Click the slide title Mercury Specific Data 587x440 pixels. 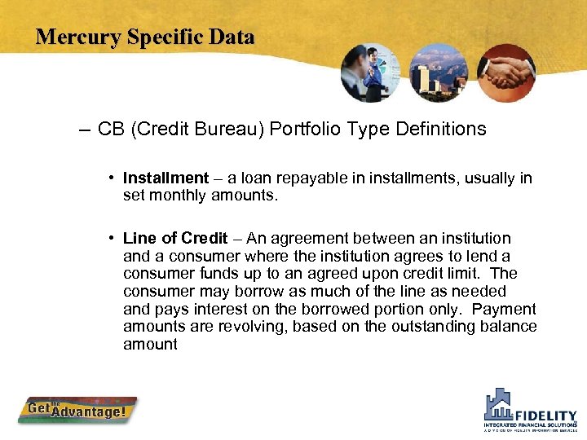tap(145, 37)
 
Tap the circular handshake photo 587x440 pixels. tap(505, 73)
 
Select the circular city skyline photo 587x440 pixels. tap(439, 73)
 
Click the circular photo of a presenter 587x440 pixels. tap(371, 73)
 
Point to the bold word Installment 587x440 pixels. tap(166, 178)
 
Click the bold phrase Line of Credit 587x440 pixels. tap(174, 239)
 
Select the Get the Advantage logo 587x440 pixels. tap(77, 411)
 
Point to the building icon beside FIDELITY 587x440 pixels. tap(499, 404)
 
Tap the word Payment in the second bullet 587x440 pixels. tap(504, 310)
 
